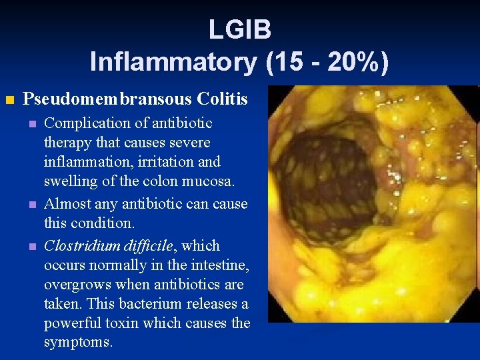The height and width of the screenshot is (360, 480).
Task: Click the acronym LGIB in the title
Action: [x=239, y=29]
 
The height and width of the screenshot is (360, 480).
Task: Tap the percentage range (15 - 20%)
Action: [x=327, y=62]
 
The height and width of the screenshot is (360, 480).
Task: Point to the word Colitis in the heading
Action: [x=222, y=100]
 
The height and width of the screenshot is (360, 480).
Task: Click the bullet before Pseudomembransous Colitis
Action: [x=9, y=101]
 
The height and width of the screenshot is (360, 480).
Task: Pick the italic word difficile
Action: [x=147, y=245]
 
